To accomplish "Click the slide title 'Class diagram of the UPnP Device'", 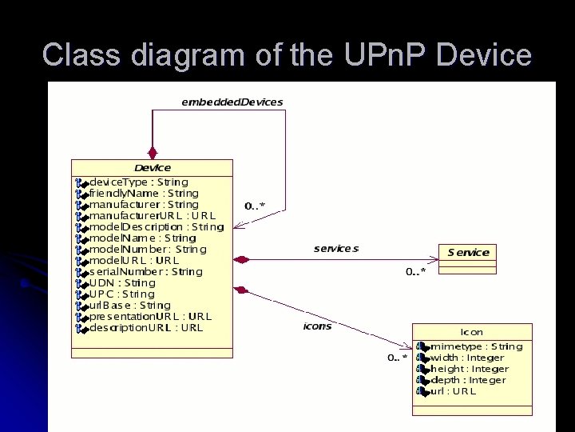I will coord(287,54).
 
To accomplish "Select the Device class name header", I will coord(153,167).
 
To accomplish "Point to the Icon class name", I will coord(472,331).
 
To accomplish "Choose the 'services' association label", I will coord(336,248).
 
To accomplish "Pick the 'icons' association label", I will coord(317,326).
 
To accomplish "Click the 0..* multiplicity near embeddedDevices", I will coord(255,206).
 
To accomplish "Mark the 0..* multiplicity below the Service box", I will coord(415,271).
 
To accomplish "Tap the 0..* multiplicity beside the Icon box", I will coord(398,358).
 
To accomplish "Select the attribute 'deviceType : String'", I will coord(138,182).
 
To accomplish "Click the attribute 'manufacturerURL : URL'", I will coord(152,215).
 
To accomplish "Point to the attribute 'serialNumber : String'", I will coord(145,271).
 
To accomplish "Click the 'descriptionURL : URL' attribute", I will coord(145,327).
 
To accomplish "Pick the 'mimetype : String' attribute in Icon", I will coord(476,346).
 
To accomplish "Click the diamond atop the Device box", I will coord(153,152).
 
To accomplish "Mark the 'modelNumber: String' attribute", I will coord(147,249).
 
